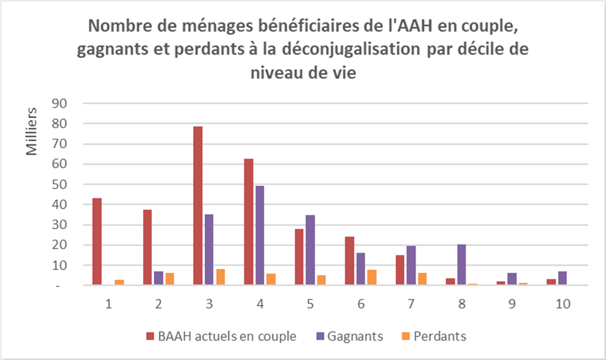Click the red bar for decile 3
click(x=198, y=205)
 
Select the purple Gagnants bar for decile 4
click(x=260, y=235)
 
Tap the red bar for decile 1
click(x=97, y=241)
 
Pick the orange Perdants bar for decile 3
click(x=221, y=277)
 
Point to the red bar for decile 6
click(x=349, y=261)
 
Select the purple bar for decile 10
click(x=562, y=279)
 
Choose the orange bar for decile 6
click(x=372, y=278)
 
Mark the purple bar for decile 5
click(x=310, y=250)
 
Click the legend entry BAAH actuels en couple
click(x=221, y=336)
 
